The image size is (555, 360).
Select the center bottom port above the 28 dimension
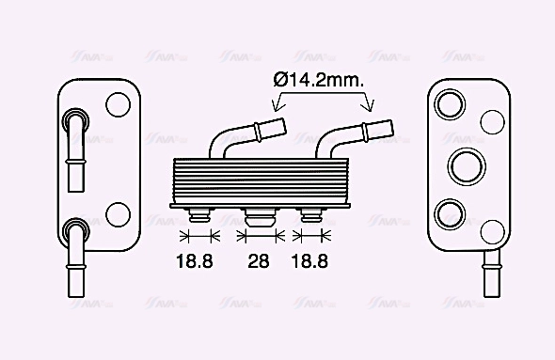click(259, 218)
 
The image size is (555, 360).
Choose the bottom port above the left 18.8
click(198, 215)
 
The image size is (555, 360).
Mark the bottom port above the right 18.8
click(312, 215)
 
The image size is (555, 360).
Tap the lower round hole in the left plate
click(119, 214)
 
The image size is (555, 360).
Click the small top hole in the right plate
click(492, 120)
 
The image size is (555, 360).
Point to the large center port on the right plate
click(465, 165)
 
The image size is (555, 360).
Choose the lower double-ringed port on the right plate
click(449, 211)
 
